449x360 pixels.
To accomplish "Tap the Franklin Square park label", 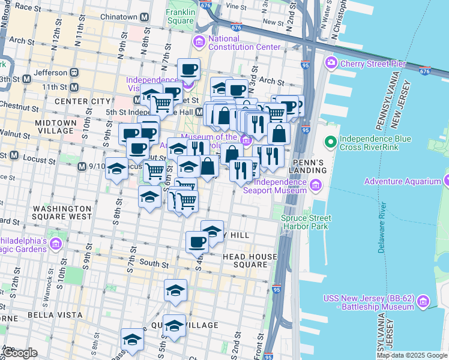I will pos(180,16).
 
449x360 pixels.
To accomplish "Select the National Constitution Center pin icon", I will pos(199,43).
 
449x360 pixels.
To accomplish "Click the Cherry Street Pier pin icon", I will pos(331,63).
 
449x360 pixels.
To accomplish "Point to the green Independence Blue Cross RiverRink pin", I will pos(330,143).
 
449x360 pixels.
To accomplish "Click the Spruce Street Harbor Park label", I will pos(306,222).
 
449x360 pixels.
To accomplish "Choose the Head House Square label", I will pos(250,260).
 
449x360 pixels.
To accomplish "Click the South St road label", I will pos(154,263).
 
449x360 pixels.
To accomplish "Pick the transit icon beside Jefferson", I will pos(75,73).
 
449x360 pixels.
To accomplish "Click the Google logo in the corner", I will pos(20,353).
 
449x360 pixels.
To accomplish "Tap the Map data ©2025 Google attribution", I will pos(412,355).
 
